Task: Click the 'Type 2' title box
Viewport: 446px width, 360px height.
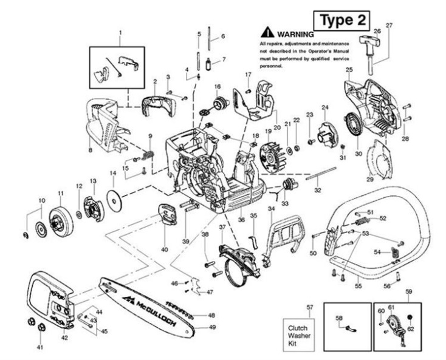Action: click(x=343, y=20)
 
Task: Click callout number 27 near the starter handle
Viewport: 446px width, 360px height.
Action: click(x=389, y=25)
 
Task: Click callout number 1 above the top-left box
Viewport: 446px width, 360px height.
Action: click(x=120, y=31)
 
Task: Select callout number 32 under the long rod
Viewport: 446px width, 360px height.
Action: click(x=317, y=190)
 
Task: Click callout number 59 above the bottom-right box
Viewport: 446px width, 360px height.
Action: click(x=409, y=291)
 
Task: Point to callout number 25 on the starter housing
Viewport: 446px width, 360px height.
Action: click(x=349, y=70)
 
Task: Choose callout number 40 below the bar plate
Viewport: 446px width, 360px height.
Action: click(x=164, y=249)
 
